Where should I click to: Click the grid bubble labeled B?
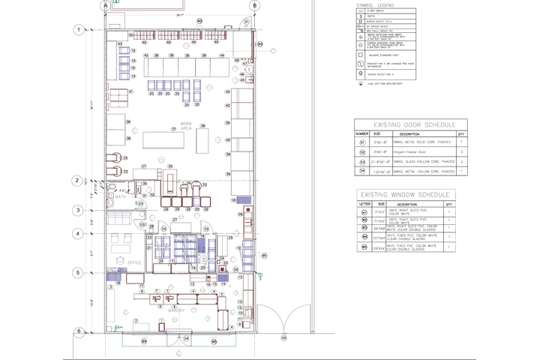pos(255,5)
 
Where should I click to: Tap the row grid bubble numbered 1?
pos(77,30)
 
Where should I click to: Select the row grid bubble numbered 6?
pos(77,331)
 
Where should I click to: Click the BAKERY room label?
pos(175,309)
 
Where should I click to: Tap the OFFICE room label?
pos(134,262)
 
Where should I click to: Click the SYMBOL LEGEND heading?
pos(375,5)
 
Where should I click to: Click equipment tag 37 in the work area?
pos(173,129)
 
